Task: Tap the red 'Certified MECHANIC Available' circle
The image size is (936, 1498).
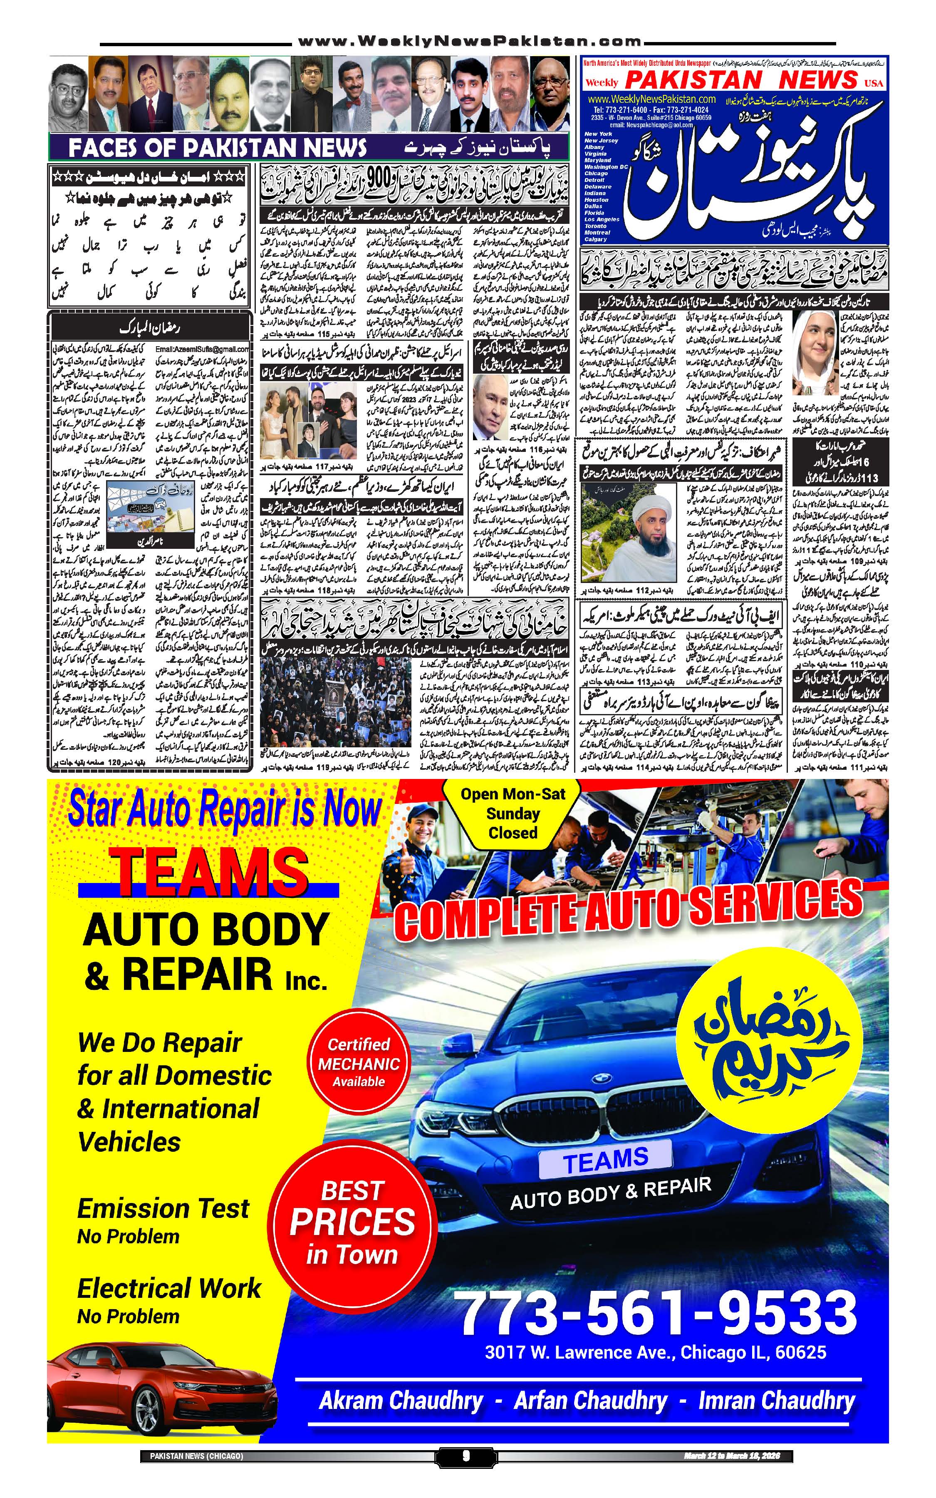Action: (x=359, y=1062)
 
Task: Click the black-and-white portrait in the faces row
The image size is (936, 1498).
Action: (x=68, y=94)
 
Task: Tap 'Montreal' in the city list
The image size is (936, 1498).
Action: (x=597, y=233)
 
